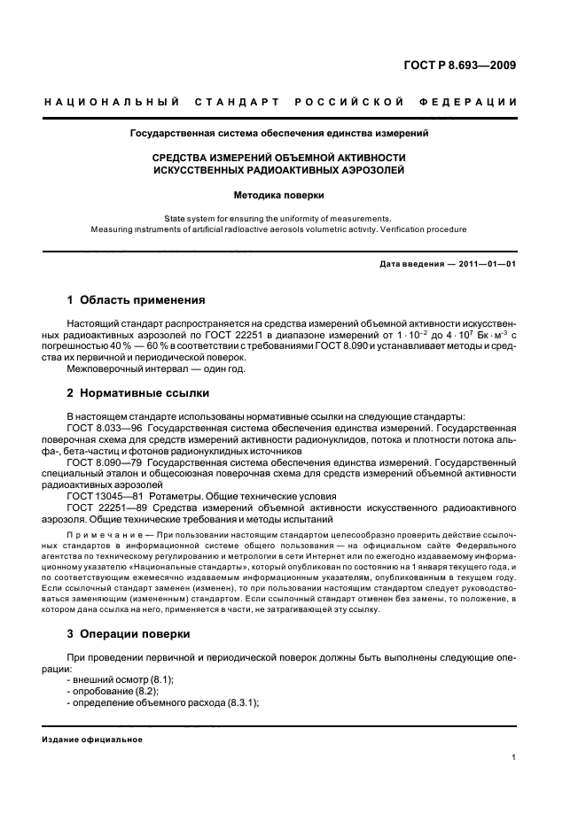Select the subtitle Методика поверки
(279, 194)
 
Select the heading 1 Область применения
(136, 300)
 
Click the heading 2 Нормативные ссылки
(138, 391)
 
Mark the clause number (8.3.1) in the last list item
(239, 702)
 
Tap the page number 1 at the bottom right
(514, 757)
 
